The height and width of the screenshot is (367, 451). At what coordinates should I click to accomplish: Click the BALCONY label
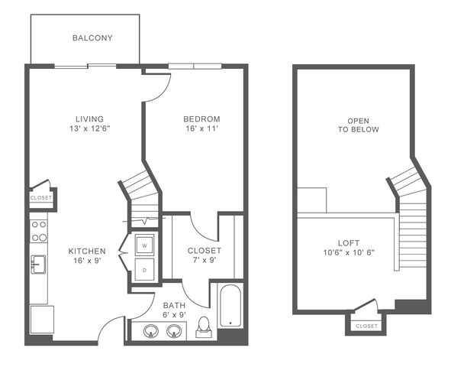tap(92, 38)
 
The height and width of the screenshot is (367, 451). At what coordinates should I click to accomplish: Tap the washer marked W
tap(145, 245)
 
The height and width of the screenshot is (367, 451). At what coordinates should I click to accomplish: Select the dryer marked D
tap(145, 270)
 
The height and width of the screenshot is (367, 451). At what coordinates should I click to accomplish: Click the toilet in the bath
tap(204, 327)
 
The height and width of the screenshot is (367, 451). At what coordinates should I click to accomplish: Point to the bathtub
tap(230, 306)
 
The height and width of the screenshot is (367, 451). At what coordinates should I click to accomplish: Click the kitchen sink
tap(39, 264)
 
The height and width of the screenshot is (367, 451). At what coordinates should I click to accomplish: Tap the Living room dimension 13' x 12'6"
tap(90, 128)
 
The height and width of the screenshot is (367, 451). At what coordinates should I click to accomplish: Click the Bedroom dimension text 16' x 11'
tap(201, 128)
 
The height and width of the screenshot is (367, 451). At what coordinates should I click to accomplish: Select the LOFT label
tap(349, 243)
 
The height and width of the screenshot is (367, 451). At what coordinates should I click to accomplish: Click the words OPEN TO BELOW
tap(359, 125)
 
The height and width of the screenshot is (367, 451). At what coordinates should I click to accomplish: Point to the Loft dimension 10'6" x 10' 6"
tap(349, 252)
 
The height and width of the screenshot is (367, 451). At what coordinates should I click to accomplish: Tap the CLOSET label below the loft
tap(366, 326)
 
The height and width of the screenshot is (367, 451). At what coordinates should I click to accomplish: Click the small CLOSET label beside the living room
tap(41, 198)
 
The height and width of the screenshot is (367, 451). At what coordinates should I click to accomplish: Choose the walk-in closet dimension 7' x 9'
tap(205, 260)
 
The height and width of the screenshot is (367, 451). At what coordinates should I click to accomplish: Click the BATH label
tap(174, 305)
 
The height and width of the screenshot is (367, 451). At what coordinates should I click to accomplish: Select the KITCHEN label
tap(87, 252)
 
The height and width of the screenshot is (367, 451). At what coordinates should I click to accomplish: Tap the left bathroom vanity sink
tap(151, 331)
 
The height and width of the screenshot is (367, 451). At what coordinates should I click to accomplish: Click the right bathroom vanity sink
tap(174, 331)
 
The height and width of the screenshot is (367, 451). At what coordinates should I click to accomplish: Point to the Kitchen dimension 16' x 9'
tap(87, 261)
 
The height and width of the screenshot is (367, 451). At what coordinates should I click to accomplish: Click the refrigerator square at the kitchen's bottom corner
tap(42, 320)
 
